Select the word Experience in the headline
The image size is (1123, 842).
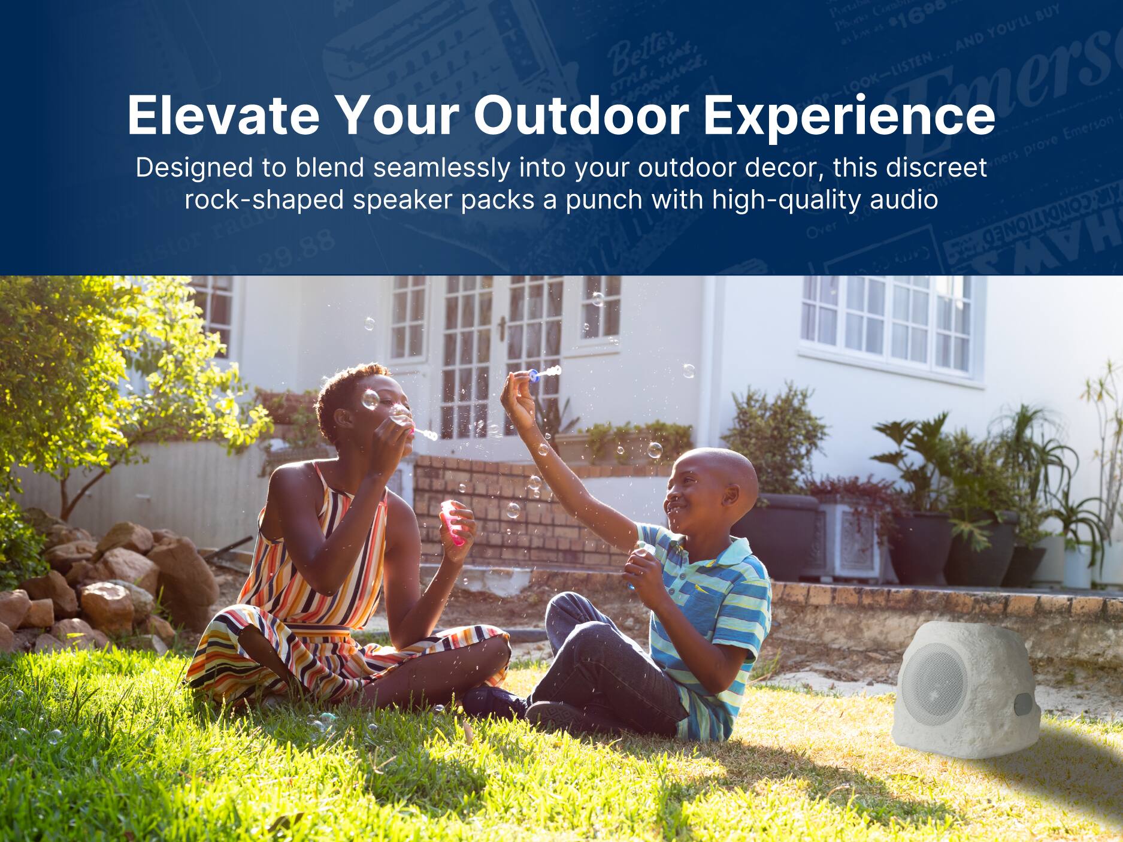pyautogui.click(x=849, y=117)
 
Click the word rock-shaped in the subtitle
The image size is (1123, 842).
pyautogui.click(x=264, y=199)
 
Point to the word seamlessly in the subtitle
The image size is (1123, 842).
pyautogui.click(x=441, y=168)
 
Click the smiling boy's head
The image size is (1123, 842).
pyautogui.click(x=713, y=485)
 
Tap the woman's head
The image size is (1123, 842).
pyautogui.click(x=359, y=407)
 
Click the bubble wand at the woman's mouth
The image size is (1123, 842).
pyautogui.click(x=423, y=432)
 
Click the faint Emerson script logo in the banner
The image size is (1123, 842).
pyautogui.click(x=1006, y=90)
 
